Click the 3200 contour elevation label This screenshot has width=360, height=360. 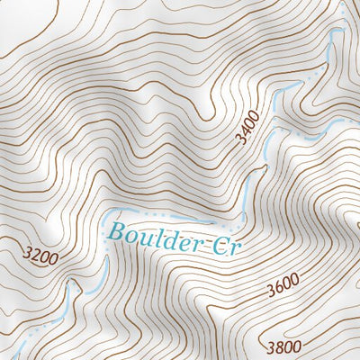pyautogui.click(x=40, y=259)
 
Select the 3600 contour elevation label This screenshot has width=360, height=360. pyautogui.click(x=283, y=287)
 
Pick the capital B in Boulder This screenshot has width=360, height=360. pyautogui.click(x=114, y=230)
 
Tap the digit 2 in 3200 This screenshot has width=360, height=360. pyautogui.click(x=36, y=258)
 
